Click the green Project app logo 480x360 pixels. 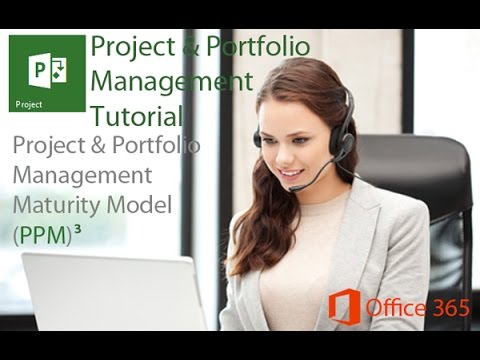(48, 74)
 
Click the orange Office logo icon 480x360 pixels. (344, 307)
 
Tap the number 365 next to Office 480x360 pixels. (448, 308)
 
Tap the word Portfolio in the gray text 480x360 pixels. (155, 145)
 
